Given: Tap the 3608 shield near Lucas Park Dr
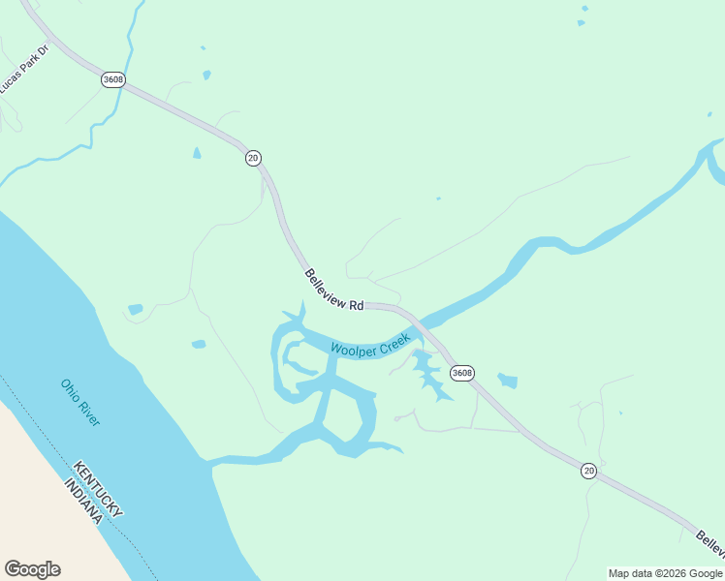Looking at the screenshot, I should [112, 79].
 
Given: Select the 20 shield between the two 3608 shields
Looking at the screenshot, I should [253, 158].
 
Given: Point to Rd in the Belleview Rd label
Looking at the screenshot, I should [357, 304].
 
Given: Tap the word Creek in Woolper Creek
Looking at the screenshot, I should [398, 340].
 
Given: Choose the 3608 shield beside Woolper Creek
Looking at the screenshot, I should [462, 373].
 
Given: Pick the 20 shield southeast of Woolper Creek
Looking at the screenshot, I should [588, 471].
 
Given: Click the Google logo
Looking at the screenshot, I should [32, 569].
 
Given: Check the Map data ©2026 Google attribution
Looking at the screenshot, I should [665, 573].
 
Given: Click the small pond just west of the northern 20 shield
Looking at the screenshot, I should [197, 153].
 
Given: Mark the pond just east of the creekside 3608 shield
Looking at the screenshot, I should [508, 381].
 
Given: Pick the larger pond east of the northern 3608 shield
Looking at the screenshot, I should [206, 75].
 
